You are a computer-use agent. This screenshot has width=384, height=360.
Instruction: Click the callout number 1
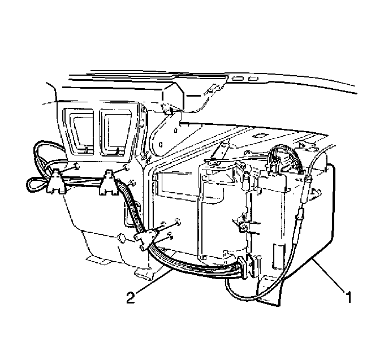(348, 297)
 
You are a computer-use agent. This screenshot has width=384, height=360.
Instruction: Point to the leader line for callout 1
(328, 274)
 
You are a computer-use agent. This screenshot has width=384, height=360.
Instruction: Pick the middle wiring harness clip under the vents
(108, 183)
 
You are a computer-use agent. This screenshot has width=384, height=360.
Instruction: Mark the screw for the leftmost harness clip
(77, 166)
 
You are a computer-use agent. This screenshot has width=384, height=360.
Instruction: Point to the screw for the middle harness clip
(126, 168)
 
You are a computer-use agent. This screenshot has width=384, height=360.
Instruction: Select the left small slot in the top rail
(237, 79)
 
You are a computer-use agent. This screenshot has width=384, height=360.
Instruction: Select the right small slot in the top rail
(253, 79)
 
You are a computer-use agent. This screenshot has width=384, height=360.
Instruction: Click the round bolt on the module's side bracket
(243, 228)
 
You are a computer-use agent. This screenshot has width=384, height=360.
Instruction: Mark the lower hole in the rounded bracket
(161, 145)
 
